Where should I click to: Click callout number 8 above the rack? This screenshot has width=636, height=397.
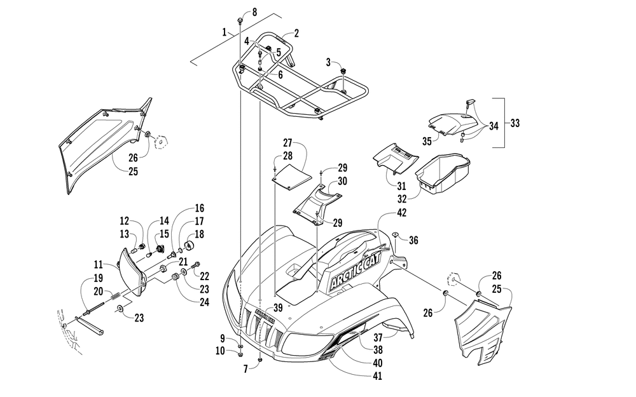coord(254,11)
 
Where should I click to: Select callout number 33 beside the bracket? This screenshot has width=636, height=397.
coord(515,123)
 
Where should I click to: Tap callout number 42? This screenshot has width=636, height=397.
coord(401,213)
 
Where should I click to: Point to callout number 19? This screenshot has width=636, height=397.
coord(98,278)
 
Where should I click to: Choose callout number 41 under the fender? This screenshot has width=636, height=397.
coord(377,376)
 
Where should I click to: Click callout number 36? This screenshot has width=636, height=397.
coord(413,240)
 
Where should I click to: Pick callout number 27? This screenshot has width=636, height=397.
coord(287,142)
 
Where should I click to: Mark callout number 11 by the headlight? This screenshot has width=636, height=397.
coord(98,264)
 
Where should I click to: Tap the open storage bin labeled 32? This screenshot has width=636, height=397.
coord(443,172)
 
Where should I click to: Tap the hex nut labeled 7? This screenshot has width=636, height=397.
coord(259,360)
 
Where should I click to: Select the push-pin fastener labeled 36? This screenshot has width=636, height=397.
coord(396,234)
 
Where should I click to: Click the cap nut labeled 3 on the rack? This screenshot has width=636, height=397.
coord(343,71)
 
